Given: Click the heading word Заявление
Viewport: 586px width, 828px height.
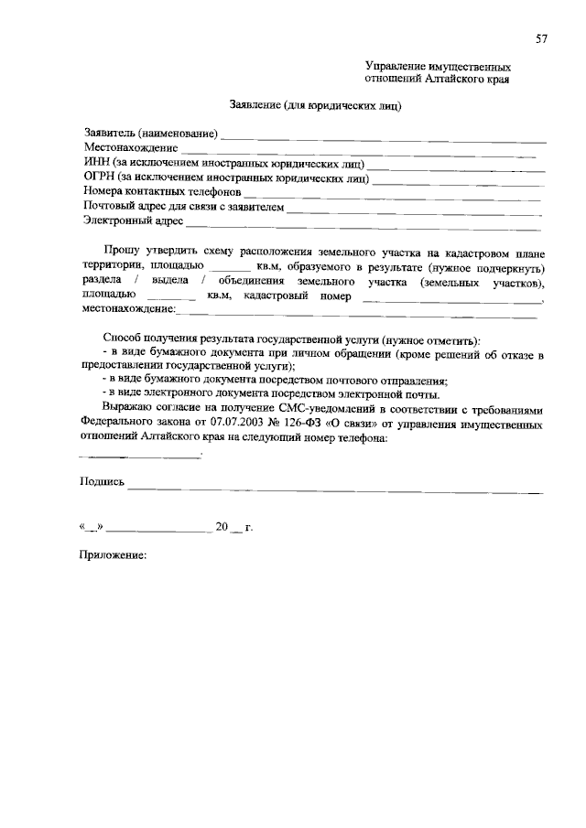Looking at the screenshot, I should tap(254, 105).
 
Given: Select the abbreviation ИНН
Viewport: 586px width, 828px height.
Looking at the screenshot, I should tap(96, 163).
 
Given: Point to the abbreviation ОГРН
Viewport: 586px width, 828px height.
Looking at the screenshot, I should tap(100, 178).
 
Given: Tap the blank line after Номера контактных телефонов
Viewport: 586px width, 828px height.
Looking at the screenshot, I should tap(394, 195).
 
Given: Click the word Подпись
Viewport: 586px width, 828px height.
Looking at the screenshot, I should tap(102, 481).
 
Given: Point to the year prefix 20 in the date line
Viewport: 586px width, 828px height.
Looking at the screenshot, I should tap(220, 528).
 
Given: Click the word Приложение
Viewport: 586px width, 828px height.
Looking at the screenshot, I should tap(114, 555).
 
